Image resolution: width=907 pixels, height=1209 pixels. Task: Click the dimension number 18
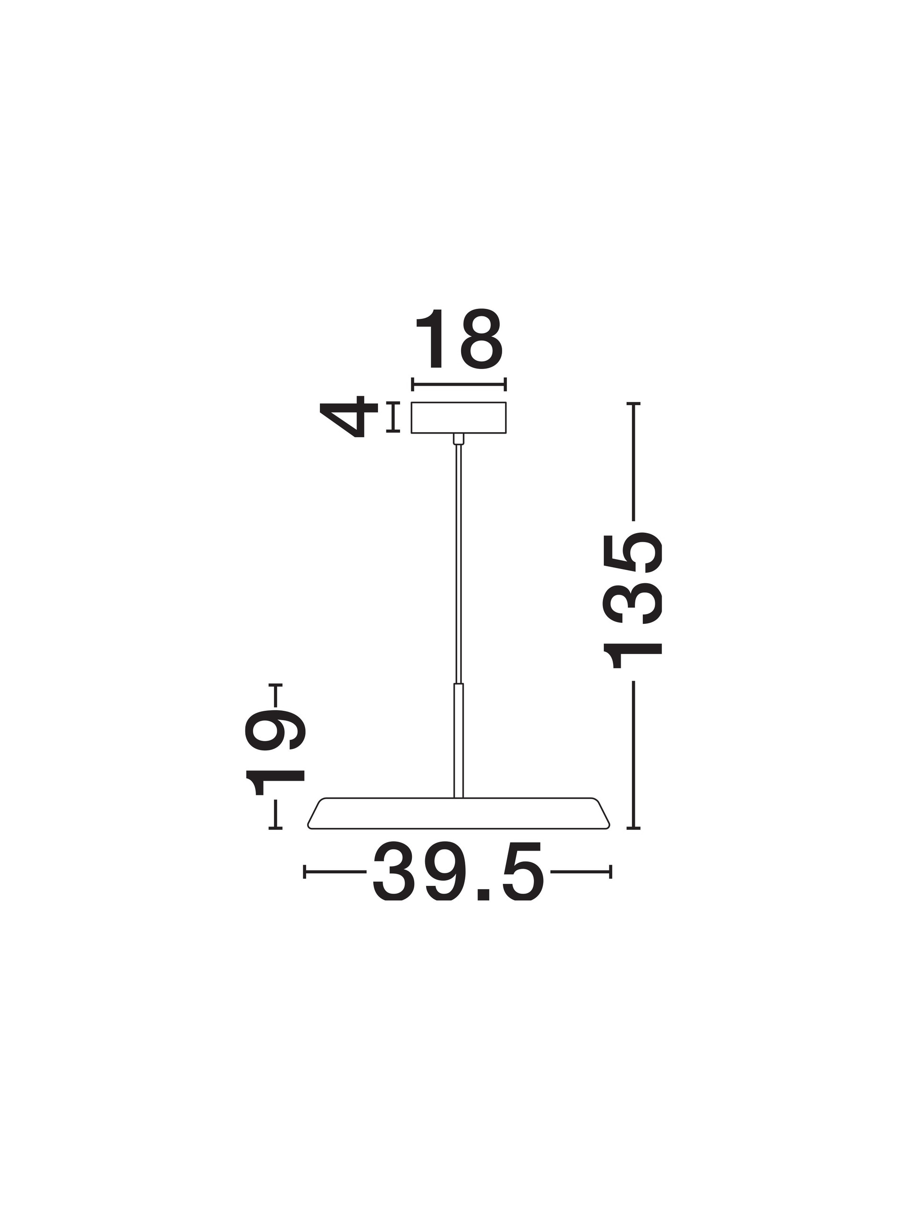pyautogui.click(x=459, y=339)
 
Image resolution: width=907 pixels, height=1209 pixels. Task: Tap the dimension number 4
pyautogui.click(x=349, y=417)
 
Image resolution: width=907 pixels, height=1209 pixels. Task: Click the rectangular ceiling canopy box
pyautogui.click(x=459, y=417)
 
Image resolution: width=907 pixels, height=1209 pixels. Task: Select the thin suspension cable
pyautogui.click(x=459, y=564)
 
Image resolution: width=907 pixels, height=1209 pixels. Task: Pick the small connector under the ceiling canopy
pyautogui.click(x=459, y=439)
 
